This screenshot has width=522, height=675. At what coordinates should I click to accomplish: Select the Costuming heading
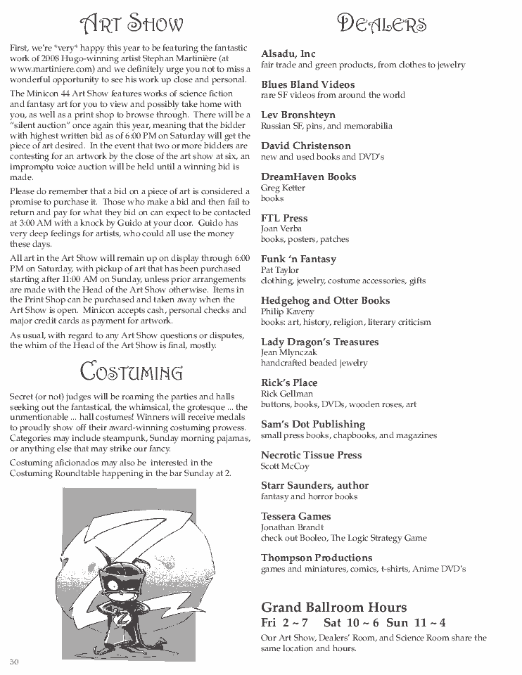(131, 371)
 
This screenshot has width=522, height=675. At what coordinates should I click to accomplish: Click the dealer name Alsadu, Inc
(288, 53)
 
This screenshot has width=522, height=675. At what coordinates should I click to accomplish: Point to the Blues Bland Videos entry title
(308, 84)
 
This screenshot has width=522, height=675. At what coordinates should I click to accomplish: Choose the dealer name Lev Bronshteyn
(298, 115)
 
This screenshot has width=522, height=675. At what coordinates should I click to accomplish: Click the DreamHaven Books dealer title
(308, 176)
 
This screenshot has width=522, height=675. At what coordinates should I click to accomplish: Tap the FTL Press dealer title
(284, 218)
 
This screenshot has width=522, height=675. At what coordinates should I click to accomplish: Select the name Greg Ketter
(282, 188)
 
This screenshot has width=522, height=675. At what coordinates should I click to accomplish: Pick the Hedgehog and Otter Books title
(325, 300)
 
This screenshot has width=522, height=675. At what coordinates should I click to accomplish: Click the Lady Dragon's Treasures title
(319, 342)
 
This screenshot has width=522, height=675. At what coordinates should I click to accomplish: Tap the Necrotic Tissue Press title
(311, 455)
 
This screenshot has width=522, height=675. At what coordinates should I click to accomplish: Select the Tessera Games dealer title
(295, 516)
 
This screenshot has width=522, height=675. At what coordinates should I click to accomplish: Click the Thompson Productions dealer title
(317, 558)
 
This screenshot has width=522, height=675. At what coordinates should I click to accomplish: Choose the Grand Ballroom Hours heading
(333, 607)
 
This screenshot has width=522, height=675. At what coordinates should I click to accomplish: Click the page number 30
(14, 662)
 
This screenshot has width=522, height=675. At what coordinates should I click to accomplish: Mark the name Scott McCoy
(285, 466)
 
